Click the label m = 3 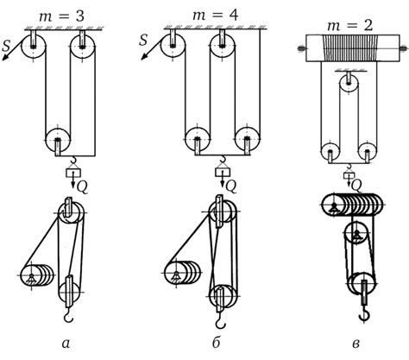click(61, 16)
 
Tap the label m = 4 click(216, 15)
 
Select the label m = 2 click(350, 25)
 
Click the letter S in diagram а click(6, 46)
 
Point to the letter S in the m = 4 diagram click(143, 40)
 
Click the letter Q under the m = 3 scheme click(82, 187)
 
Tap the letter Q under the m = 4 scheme click(231, 186)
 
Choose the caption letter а click(66, 344)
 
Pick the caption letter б click(217, 342)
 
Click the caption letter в click(356, 344)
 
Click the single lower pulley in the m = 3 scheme click(58, 140)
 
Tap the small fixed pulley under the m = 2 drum click(349, 83)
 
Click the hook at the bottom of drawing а click(68, 315)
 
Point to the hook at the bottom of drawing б click(221, 320)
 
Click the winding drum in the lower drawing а click(37, 275)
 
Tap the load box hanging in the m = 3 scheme click(73, 173)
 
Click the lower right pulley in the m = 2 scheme click(368, 152)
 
